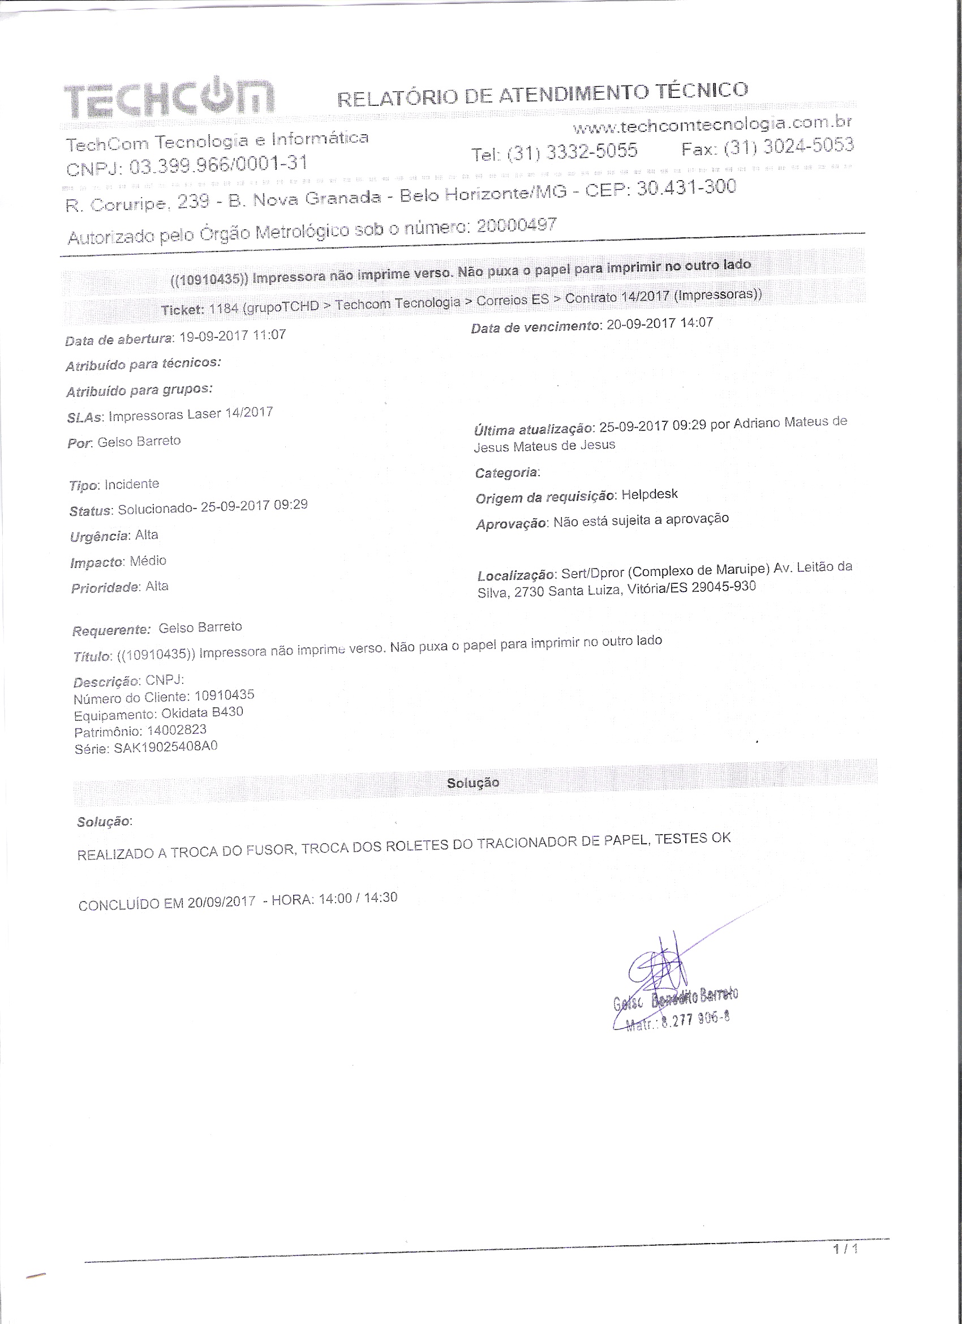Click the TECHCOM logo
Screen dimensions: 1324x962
point(168,96)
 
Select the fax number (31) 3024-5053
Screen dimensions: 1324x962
point(788,147)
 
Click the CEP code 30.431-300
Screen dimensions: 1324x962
point(686,188)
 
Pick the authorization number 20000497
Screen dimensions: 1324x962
point(517,226)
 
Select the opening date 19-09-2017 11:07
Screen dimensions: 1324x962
point(232,336)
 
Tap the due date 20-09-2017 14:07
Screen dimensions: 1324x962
point(659,323)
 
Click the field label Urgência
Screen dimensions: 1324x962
point(98,536)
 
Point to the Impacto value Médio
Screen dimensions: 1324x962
point(148,561)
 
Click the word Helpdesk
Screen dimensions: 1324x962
point(649,494)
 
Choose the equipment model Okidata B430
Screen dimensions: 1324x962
point(202,713)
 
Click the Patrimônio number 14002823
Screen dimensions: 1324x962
point(177,730)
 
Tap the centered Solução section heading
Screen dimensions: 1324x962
point(473,783)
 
